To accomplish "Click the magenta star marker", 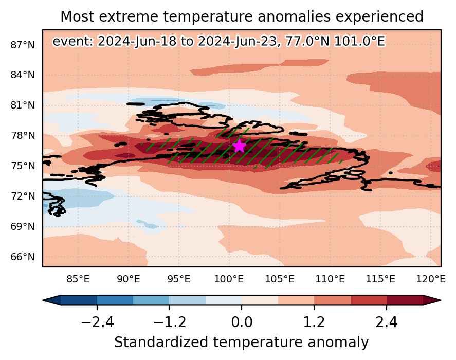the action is (x=239, y=146).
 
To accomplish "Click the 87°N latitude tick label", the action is (x=23, y=45).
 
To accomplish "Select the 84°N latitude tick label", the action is (x=23, y=75).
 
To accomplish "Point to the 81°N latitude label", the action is (x=23, y=105).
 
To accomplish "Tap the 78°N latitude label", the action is (x=23, y=136).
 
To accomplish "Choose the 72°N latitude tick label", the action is (x=23, y=196).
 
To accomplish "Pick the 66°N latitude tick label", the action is (x=23, y=257).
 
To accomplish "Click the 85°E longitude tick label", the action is (x=78, y=279).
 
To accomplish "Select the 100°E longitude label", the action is (x=229, y=279).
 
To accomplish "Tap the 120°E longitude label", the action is (x=431, y=279).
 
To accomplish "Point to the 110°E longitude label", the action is (x=330, y=279).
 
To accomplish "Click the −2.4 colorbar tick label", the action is (x=97, y=322).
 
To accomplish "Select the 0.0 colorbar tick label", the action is (x=242, y=322).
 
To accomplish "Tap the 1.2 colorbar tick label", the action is (x=314, y=322).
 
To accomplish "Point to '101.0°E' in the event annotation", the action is (x=359, y=41).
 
